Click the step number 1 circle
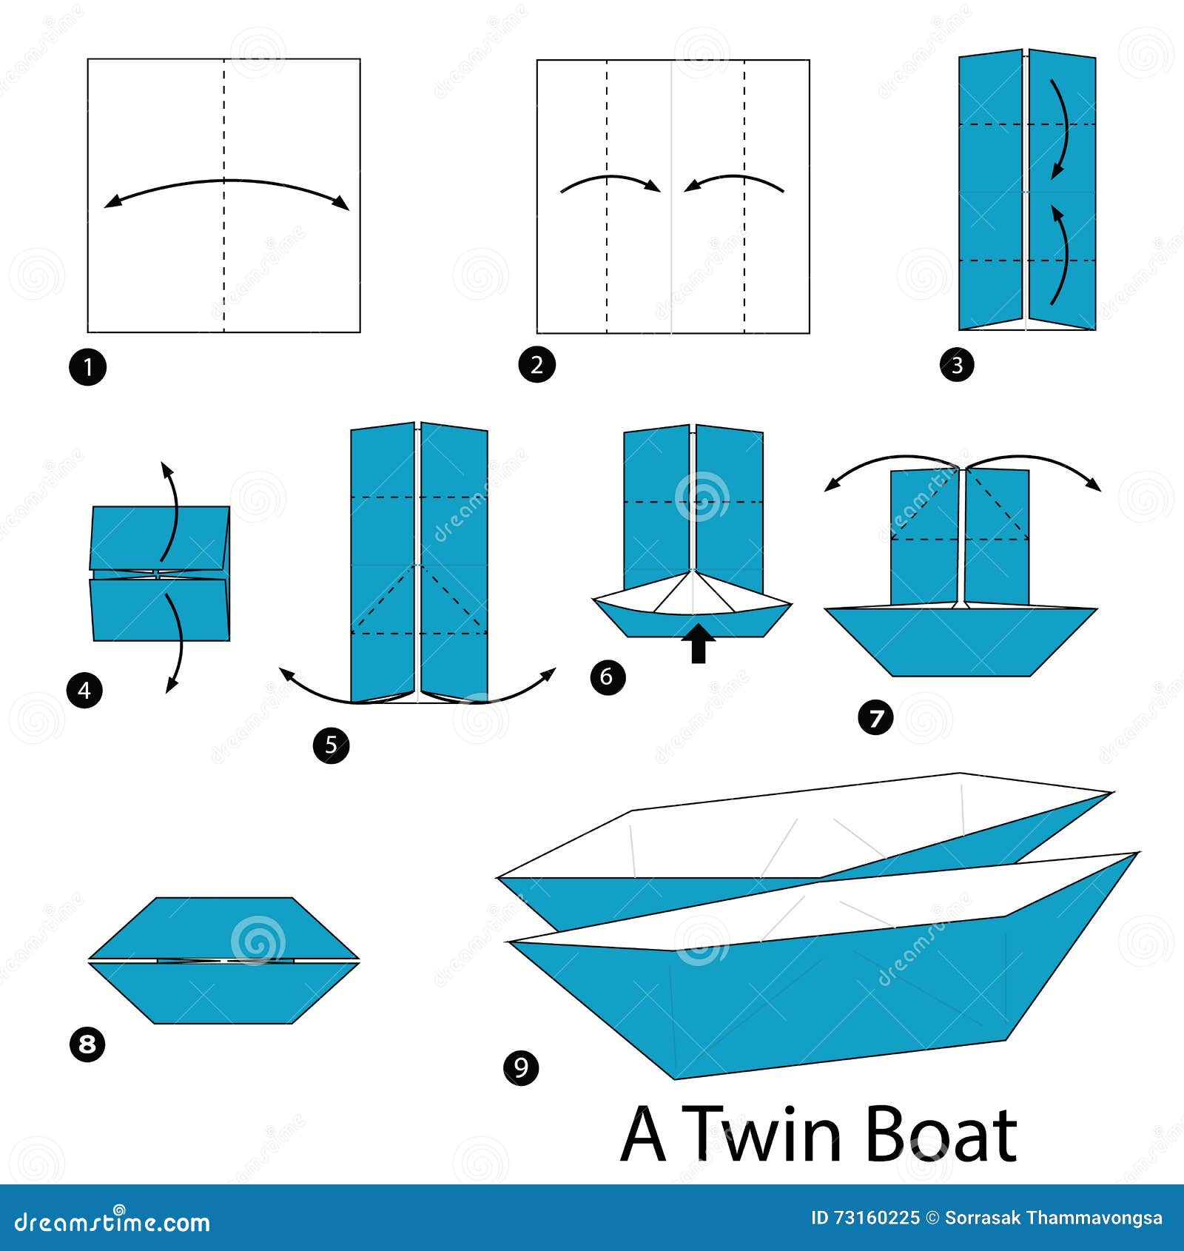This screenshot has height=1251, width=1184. [x=87, y=366]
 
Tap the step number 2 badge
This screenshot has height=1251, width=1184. [x=536, y=364]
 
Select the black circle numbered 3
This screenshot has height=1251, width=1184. [x=957, y=365]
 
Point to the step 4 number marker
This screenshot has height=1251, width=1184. [x=84, y=691]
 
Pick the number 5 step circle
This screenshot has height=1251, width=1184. [x=331, y=745]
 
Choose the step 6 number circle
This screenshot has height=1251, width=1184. [x=608, y=677]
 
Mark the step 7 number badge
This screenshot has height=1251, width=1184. [x=876, y=718]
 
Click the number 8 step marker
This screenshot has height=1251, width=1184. [x=87, y=1044]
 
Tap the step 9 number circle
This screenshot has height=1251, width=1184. [x=521, y=1067]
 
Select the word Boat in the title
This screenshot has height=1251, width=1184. [x=941, y=1135]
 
